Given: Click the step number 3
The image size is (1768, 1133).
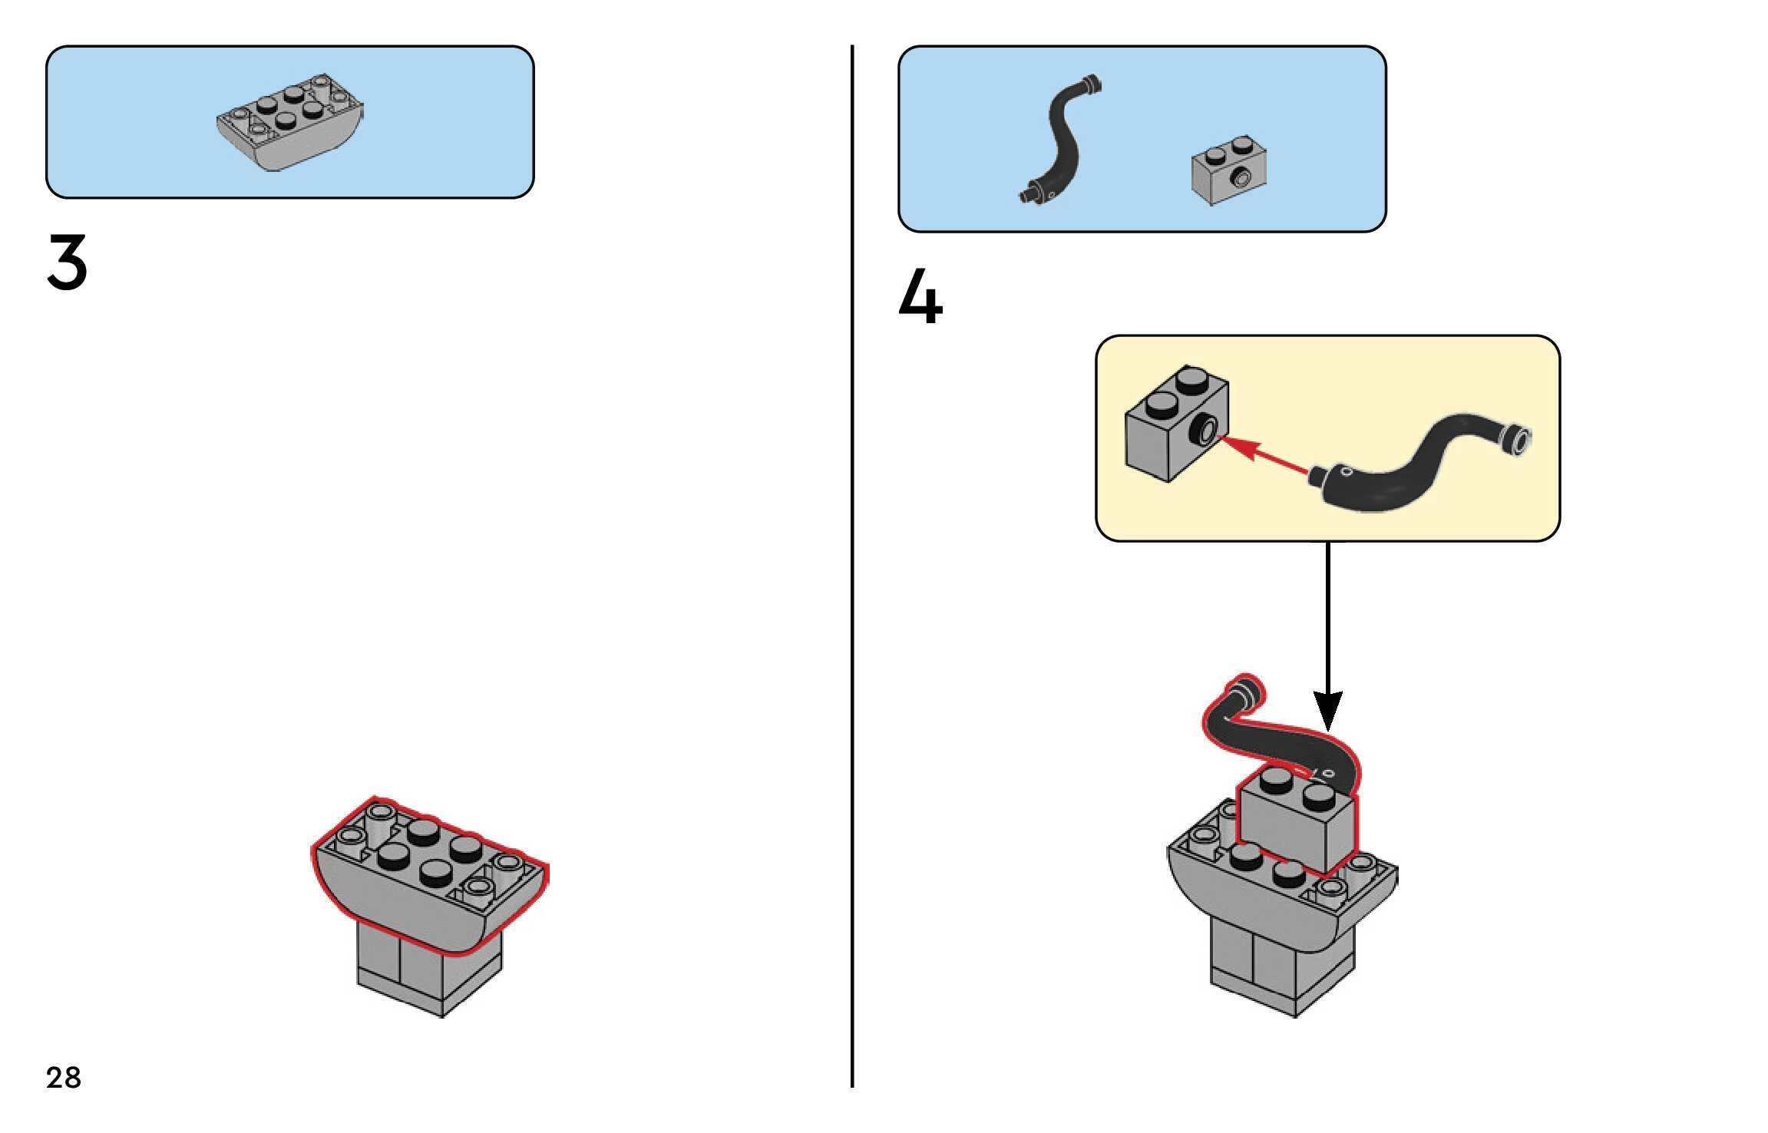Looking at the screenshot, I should tap(68, 263).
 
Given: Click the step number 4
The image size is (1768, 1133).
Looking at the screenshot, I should tap(920, 297).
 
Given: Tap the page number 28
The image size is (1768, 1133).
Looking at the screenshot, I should tap(64, 1078).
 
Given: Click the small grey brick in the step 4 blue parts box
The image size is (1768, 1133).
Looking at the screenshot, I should tap(1228, 171).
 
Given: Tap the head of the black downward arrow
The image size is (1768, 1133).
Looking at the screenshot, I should tap(1327, 711).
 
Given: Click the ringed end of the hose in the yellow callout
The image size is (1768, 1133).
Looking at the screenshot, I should tap(1517, 440).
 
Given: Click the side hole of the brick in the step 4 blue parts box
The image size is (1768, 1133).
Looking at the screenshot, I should tap(1240, 179).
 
